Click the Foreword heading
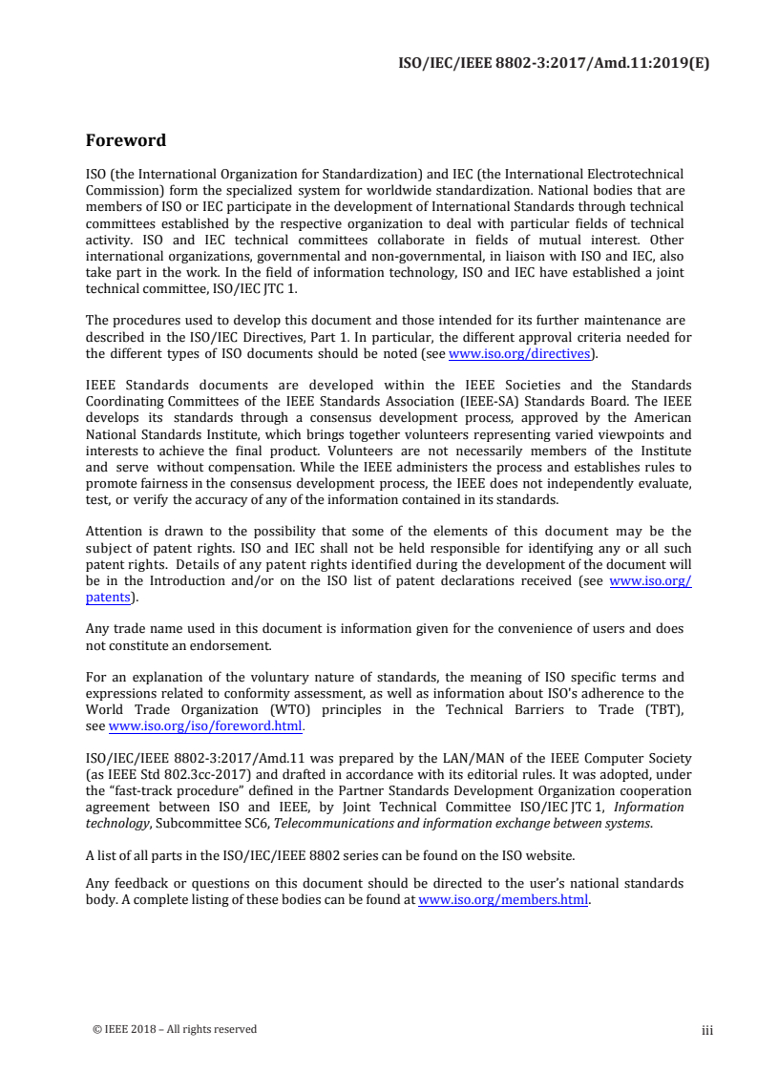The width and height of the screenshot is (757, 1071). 126,140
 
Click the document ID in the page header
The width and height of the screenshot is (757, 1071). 553,65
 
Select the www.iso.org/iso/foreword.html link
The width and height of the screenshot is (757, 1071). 205,726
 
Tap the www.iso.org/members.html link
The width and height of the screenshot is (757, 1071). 503,899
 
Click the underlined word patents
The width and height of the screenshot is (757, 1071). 108,598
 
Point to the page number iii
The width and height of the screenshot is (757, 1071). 706,1030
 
